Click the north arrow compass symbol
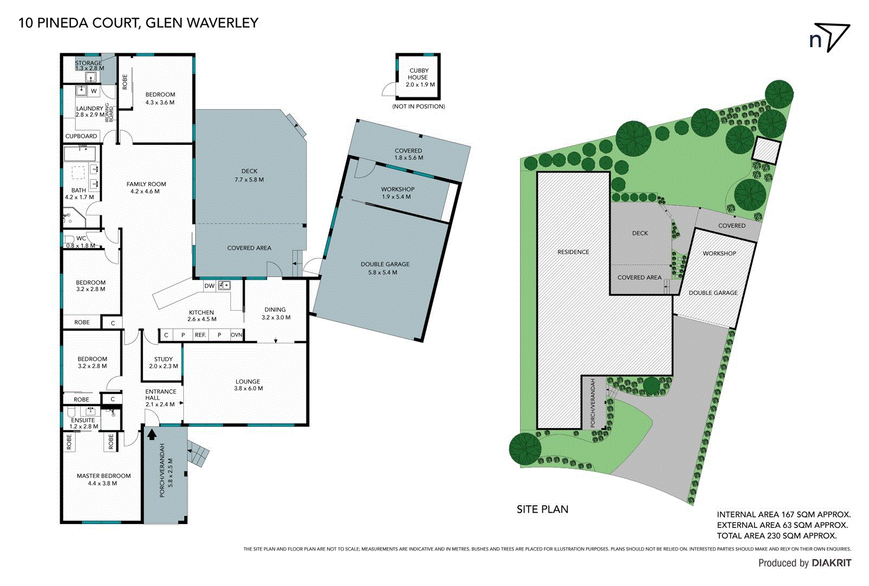pos(829,37)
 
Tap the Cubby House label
pos(419,77)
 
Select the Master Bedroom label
pos(104,479)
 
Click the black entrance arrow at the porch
pos(152,434)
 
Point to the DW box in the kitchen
pos(209,286)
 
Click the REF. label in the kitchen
pos(201,335)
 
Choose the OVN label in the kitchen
pos(236,335)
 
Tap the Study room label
pos(163,362)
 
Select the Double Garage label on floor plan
pos(385,267)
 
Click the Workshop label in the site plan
pos(719,253)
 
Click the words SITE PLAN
pos(542,509)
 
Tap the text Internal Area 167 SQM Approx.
pos(783,514)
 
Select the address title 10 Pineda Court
pos(138,23)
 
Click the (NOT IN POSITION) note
pos(419,106)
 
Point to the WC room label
pos(81,239)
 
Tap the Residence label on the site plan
pos(573,252)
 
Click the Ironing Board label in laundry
pos(110,111)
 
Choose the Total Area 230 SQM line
pos(776,536)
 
